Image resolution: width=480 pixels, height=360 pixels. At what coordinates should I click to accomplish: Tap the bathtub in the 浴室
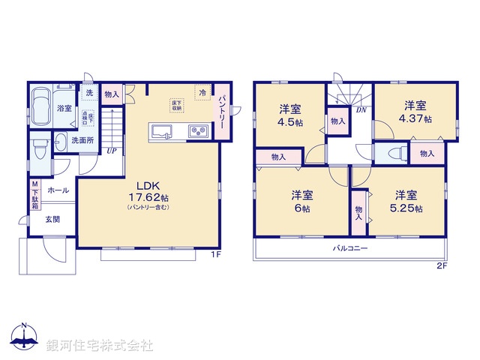point(43,99)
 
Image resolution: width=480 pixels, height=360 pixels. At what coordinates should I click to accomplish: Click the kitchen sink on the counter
point(162,132)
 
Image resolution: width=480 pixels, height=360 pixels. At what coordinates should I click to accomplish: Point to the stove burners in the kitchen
point(199,132)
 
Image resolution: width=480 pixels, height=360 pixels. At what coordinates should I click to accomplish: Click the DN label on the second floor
point(360,110)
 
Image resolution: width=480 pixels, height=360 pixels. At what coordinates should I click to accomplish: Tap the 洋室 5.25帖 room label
point(407,201)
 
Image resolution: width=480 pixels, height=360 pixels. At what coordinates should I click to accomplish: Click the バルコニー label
point(350,247)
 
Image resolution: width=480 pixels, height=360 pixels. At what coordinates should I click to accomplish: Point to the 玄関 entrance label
point(52,219)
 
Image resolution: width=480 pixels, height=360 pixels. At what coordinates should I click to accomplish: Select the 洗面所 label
point(82,139)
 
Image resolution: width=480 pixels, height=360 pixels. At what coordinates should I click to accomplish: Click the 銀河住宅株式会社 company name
point(100,346)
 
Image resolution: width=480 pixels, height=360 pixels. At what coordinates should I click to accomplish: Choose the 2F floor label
point(442,265)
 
